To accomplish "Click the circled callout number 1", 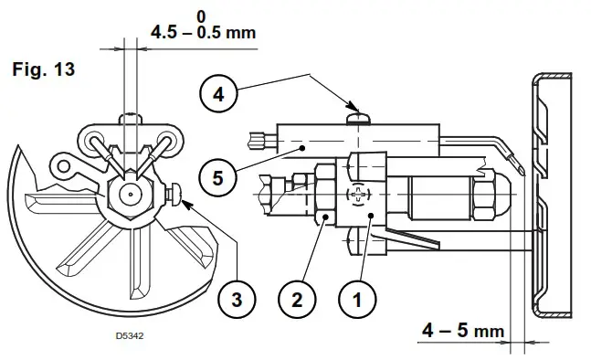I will [358, 299].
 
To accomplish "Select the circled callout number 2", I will [297, 299].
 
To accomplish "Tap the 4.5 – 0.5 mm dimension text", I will [203, 34].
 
